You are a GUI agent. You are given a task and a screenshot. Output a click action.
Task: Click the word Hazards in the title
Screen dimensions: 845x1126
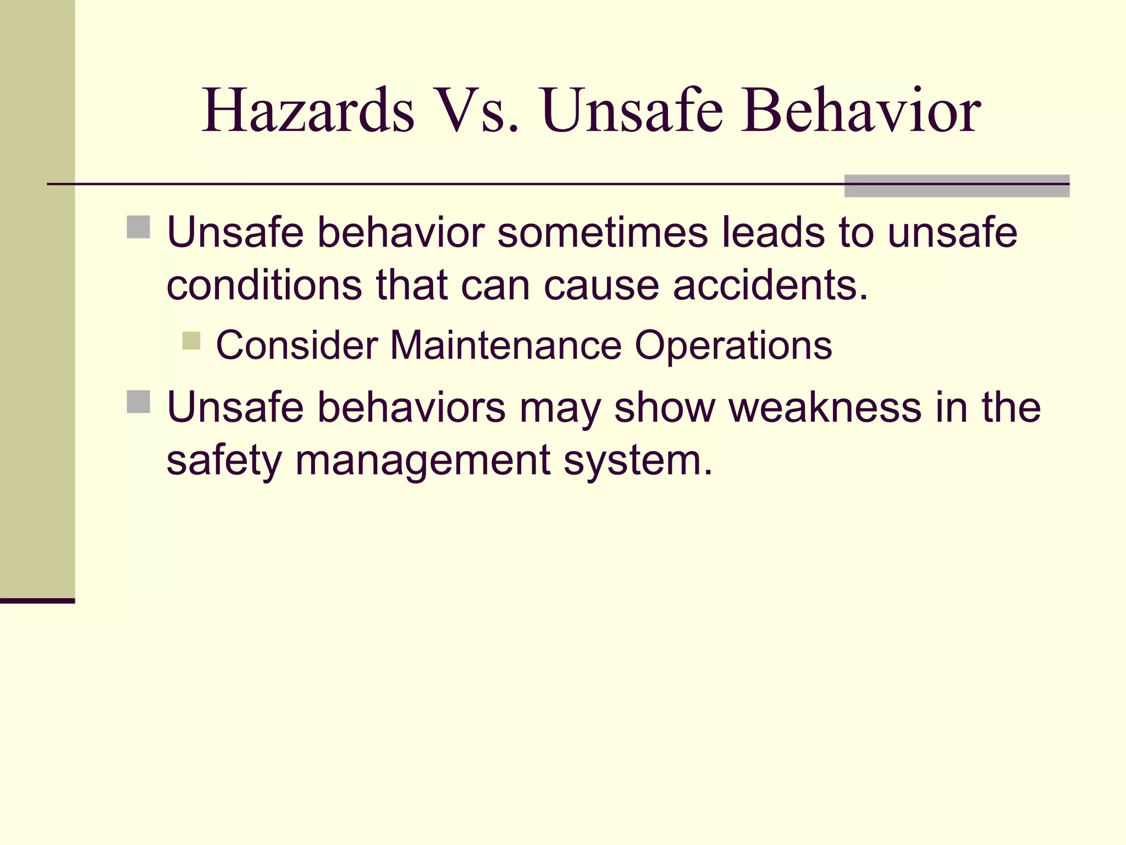click(x=308, y=112)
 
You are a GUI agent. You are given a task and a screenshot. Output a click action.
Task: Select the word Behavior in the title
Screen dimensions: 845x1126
click(x=860, y=112)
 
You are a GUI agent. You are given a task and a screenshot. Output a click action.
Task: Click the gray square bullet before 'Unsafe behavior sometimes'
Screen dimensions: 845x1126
click(x=139, y=227)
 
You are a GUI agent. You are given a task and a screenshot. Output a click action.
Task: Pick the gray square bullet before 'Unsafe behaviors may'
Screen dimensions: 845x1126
click(x=139, y=402)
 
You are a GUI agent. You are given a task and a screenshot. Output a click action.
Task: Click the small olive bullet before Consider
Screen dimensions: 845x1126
click(x=191, y=341)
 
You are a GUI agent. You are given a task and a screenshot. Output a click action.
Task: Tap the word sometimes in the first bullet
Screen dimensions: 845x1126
click(x=603, y=233)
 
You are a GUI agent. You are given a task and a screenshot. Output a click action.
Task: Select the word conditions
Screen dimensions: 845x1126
click(x=264, y=286)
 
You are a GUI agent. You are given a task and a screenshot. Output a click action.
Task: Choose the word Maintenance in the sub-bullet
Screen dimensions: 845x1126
click(x=506, y=345)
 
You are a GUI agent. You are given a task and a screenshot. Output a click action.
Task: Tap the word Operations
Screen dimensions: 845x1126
click(x=733, y=345)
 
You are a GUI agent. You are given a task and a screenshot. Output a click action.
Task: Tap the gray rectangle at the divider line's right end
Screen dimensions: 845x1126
click(x=957, y=186)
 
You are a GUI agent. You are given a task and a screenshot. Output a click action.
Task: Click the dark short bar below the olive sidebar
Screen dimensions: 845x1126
click(x=37, y=601)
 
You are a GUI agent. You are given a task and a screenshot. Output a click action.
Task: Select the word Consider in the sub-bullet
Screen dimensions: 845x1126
click(x=297, y=345)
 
